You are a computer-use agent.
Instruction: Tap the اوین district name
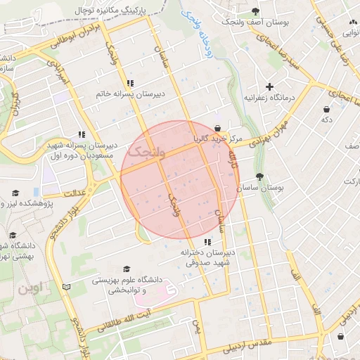point(31,288)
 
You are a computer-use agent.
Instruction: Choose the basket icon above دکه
point(327,109)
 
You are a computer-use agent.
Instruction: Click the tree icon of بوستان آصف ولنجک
point(255,11)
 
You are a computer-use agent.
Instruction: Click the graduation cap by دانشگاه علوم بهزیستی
point(127,269)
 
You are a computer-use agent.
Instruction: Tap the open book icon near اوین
point(67,287)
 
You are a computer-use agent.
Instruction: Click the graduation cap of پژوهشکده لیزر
point(15,193)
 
